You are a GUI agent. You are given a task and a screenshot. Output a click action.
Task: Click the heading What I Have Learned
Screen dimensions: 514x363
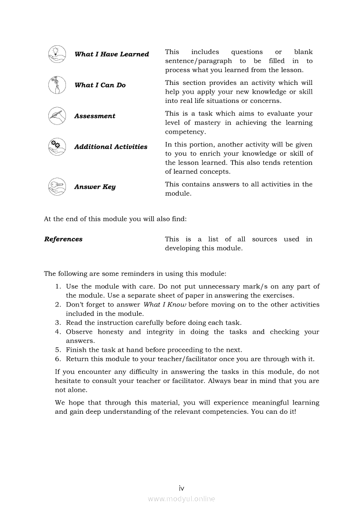click(x=112, y=55)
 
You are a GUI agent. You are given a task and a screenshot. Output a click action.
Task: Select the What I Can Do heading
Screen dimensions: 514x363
click(x=100, y=85)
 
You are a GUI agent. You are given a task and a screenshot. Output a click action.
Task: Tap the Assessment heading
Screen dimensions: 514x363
click(x=94, y=116)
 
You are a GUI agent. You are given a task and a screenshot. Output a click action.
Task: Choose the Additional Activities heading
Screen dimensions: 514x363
click(x=111, y=147)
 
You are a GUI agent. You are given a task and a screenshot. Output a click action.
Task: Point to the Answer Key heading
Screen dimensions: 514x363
click(x=94, y=187)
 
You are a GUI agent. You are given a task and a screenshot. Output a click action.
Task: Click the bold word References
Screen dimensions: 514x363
click(x=63, y=239)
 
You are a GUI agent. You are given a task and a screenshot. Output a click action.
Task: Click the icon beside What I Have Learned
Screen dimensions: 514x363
click(x=57, y=54)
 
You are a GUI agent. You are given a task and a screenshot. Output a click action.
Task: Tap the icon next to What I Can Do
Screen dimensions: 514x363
click(x=57, y=85)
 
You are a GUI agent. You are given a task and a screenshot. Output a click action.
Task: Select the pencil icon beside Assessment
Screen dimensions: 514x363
click(x=57, y=116)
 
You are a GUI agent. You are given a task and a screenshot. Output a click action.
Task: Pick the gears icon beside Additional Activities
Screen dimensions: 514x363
click(x=57, y=146)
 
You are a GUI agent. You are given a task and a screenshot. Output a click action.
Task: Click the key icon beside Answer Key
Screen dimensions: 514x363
click(x=57, y=186)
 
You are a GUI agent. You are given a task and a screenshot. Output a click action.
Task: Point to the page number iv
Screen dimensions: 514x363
click(x=181, y=488)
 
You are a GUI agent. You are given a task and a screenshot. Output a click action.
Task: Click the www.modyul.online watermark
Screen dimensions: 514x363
click(x=181, y=499)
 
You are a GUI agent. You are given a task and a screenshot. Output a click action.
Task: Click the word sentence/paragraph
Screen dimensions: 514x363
click(x=198, y=61)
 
